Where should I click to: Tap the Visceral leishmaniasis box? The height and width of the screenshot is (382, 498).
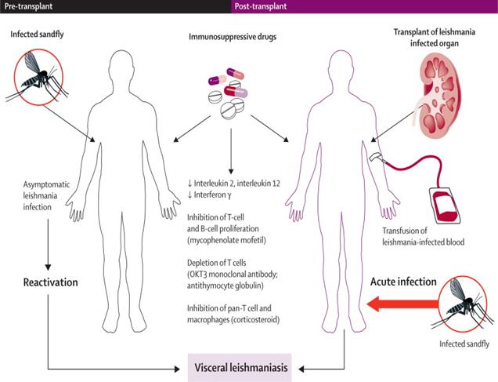(x=241, y=367)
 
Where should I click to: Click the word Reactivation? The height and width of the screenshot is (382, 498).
(x=49, y=281)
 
